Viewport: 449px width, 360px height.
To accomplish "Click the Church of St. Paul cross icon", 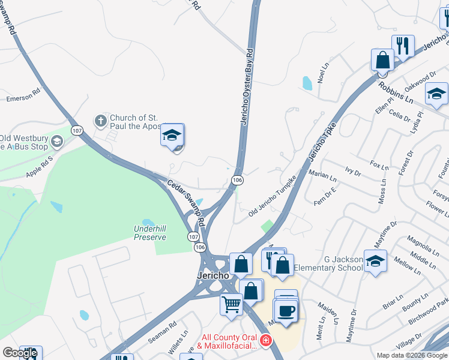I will [101, 121].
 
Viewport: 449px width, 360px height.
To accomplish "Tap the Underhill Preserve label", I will [149, 232].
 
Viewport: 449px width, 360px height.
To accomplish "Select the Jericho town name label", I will [213, 274].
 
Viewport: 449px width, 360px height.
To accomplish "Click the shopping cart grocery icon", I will [231, 305].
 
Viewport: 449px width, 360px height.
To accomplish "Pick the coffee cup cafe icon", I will [286, 310].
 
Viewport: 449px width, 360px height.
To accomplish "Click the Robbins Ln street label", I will [396, 92].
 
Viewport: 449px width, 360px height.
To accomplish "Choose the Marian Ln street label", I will [322, 176].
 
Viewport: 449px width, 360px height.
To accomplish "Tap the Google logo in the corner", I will [20, 353].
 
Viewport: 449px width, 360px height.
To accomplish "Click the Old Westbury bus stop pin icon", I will [57, 142].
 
